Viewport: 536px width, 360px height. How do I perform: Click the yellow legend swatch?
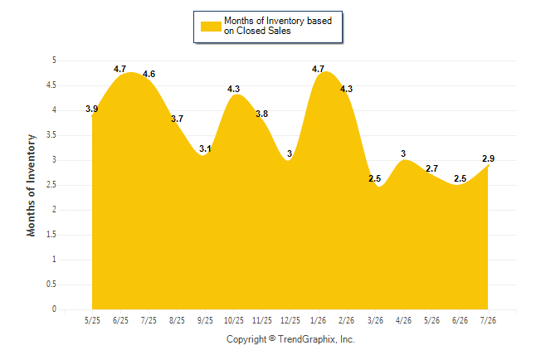211,27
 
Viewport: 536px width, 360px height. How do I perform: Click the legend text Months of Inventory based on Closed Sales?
278,26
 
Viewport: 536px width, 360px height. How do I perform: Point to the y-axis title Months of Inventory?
31,185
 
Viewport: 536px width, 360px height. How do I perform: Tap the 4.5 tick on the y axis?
51,85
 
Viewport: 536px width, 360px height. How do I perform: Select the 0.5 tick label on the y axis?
51,285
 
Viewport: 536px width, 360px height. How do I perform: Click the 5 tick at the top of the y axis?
54,61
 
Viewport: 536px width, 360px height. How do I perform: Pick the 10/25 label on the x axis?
234,320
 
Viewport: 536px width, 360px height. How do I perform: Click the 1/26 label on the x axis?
319,320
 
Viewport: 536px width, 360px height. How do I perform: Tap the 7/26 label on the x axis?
488,320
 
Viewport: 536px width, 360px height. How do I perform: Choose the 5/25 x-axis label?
92,320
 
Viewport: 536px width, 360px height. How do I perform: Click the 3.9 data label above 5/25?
91,109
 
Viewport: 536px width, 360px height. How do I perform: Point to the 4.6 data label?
149,74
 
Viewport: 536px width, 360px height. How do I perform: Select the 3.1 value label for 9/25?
205,148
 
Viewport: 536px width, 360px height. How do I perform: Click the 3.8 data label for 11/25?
262,114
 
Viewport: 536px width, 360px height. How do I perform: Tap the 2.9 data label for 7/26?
488,158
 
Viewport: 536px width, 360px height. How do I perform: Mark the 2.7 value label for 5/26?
431,168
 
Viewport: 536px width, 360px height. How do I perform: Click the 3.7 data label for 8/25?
177,119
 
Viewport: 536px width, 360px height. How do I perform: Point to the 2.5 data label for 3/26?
375,178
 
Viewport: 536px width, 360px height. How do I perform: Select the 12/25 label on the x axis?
290,320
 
